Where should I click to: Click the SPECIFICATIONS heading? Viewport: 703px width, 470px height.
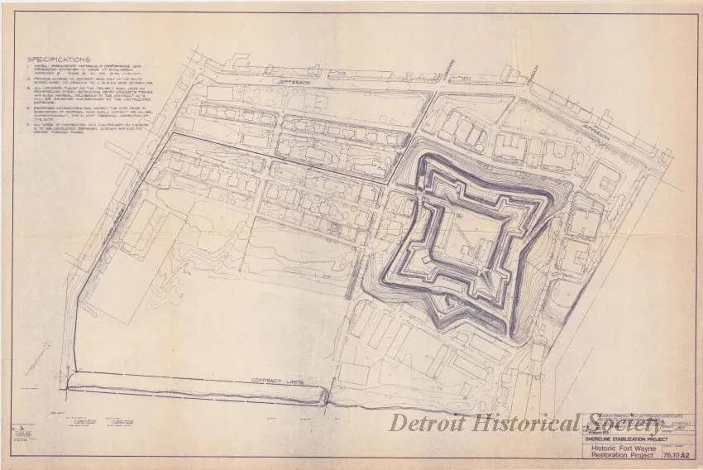coord(60,60)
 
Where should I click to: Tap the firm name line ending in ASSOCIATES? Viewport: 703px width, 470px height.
coord(629,415)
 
